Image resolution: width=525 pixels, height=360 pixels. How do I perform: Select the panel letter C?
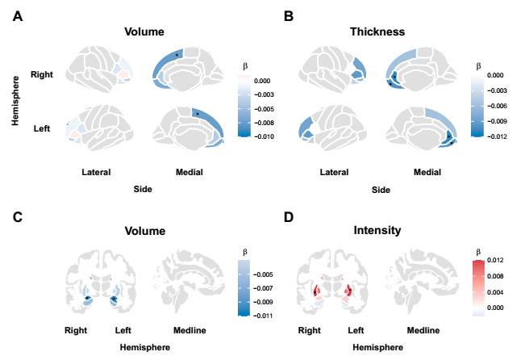tap(17, 216)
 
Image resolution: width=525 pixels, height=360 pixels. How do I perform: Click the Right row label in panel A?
tap(42, 74)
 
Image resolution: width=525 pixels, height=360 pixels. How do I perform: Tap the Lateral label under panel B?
tap(334, 172)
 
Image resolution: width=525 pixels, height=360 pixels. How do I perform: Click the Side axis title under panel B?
tap(377, 190)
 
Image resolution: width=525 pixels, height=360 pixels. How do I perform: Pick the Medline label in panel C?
tap(191, 330)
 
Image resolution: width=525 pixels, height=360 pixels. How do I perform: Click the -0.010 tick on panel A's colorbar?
tap(264, 137)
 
